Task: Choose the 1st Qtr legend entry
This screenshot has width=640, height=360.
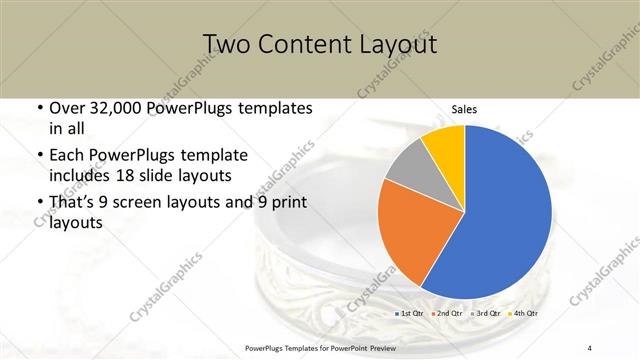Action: click(x=411, y=314)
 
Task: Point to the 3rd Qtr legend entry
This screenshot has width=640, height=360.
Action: click(x=487, y=314)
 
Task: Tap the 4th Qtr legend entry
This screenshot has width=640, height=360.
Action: click(x=524, y=314)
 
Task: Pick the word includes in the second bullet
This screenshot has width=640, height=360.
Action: click(x=79, y=176)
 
